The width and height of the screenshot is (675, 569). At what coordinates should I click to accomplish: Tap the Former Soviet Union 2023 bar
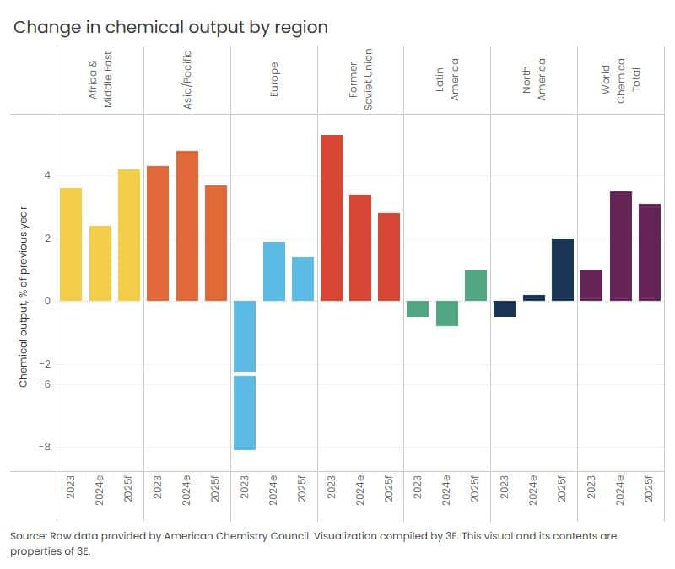332,217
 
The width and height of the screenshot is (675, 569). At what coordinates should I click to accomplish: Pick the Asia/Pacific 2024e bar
186,226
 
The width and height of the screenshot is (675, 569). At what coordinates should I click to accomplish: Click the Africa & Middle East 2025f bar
129,235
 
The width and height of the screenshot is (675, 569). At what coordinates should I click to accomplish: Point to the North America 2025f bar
563,270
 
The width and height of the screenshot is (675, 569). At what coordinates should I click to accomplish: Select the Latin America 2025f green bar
476,286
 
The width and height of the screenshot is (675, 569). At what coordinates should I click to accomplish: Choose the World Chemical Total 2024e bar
621,246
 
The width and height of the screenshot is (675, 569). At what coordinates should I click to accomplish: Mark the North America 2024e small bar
534,298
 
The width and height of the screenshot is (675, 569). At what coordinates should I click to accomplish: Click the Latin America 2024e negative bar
447,314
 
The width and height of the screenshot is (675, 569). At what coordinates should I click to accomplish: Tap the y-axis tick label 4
47,175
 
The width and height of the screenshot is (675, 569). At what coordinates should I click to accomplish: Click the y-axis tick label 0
47,301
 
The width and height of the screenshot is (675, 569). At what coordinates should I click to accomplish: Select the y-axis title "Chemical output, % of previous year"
24,297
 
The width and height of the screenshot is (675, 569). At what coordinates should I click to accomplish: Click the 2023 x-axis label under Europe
245,490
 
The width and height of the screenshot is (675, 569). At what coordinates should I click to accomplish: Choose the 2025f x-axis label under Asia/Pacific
216,490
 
